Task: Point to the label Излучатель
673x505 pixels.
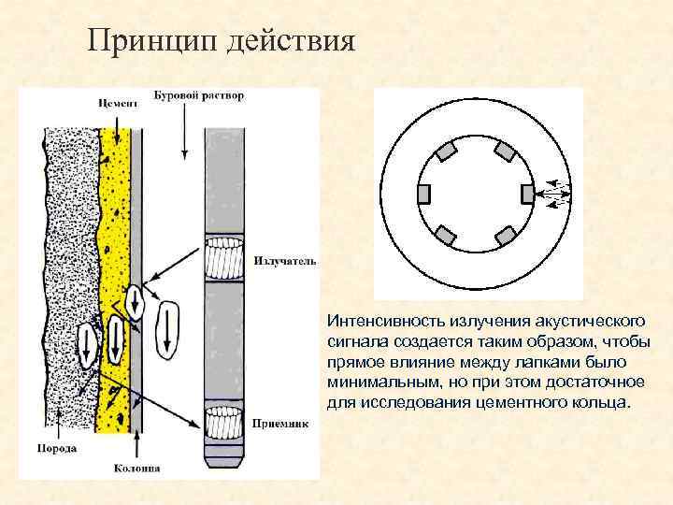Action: [285, 261]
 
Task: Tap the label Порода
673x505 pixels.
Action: [58, 449]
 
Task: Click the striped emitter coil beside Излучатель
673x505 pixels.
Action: [225, 256]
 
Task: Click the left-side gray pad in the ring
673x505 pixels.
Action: [422, 194]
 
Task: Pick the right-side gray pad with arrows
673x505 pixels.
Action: [526, 194]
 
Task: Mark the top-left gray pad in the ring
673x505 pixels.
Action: [445, 151]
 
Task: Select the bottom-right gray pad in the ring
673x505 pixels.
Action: [506, 236]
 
